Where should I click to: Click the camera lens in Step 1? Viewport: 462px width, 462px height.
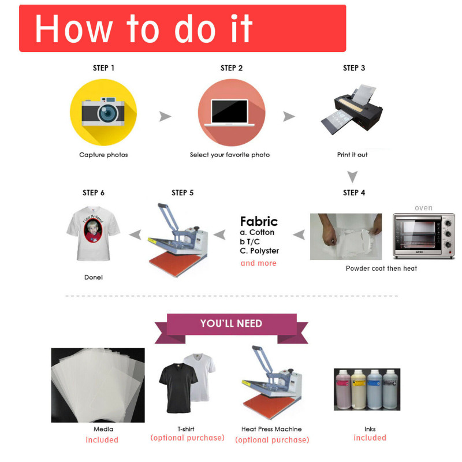(108, 113)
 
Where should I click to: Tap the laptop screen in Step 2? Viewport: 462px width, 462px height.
(229, 111)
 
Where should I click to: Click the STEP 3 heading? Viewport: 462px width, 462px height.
(354, 68)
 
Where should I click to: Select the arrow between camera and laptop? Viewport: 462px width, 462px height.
(165, 117)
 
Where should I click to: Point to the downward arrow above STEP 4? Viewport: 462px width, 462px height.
(352, 177)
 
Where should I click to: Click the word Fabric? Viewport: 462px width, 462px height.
(259, 221)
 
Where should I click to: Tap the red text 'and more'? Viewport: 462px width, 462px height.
(258, 263)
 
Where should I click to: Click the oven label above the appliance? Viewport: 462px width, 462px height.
(423, 208)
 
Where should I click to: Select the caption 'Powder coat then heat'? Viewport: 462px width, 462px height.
(381, 269)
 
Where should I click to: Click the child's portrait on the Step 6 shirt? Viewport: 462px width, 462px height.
(93, 230)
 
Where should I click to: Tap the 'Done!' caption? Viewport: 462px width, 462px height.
(94, 277)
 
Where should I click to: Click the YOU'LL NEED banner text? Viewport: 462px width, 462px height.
(232, 323)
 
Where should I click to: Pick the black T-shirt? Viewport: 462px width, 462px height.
(178, 388)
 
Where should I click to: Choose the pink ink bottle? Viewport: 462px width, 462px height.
(343, 389)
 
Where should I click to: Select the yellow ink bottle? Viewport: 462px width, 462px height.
(359, 389)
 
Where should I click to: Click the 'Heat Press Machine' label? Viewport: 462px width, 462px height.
(271, 429)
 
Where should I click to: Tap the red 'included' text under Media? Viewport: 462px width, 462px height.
(102, 440)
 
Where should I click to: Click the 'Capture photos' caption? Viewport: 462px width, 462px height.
(103, 155)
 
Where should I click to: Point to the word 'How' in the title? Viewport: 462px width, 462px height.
(74, 29)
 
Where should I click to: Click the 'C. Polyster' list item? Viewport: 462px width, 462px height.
(259, 251)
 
